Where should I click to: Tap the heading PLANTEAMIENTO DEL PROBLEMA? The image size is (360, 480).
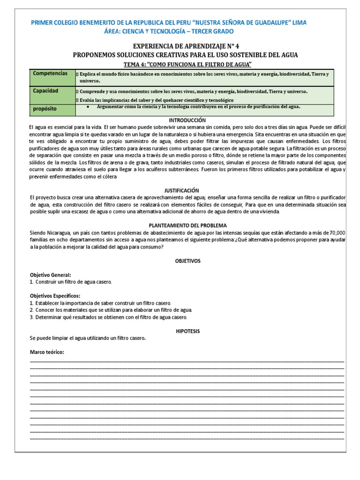click(187, 225)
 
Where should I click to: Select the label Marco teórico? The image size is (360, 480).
click(46, 352)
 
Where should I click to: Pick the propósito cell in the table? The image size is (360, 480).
click(45, 108)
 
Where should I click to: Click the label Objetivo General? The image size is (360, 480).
click(50, 275)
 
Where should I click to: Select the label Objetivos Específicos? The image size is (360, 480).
click(55, 296)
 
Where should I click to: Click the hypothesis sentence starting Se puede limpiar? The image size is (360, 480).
click(88, 338)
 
